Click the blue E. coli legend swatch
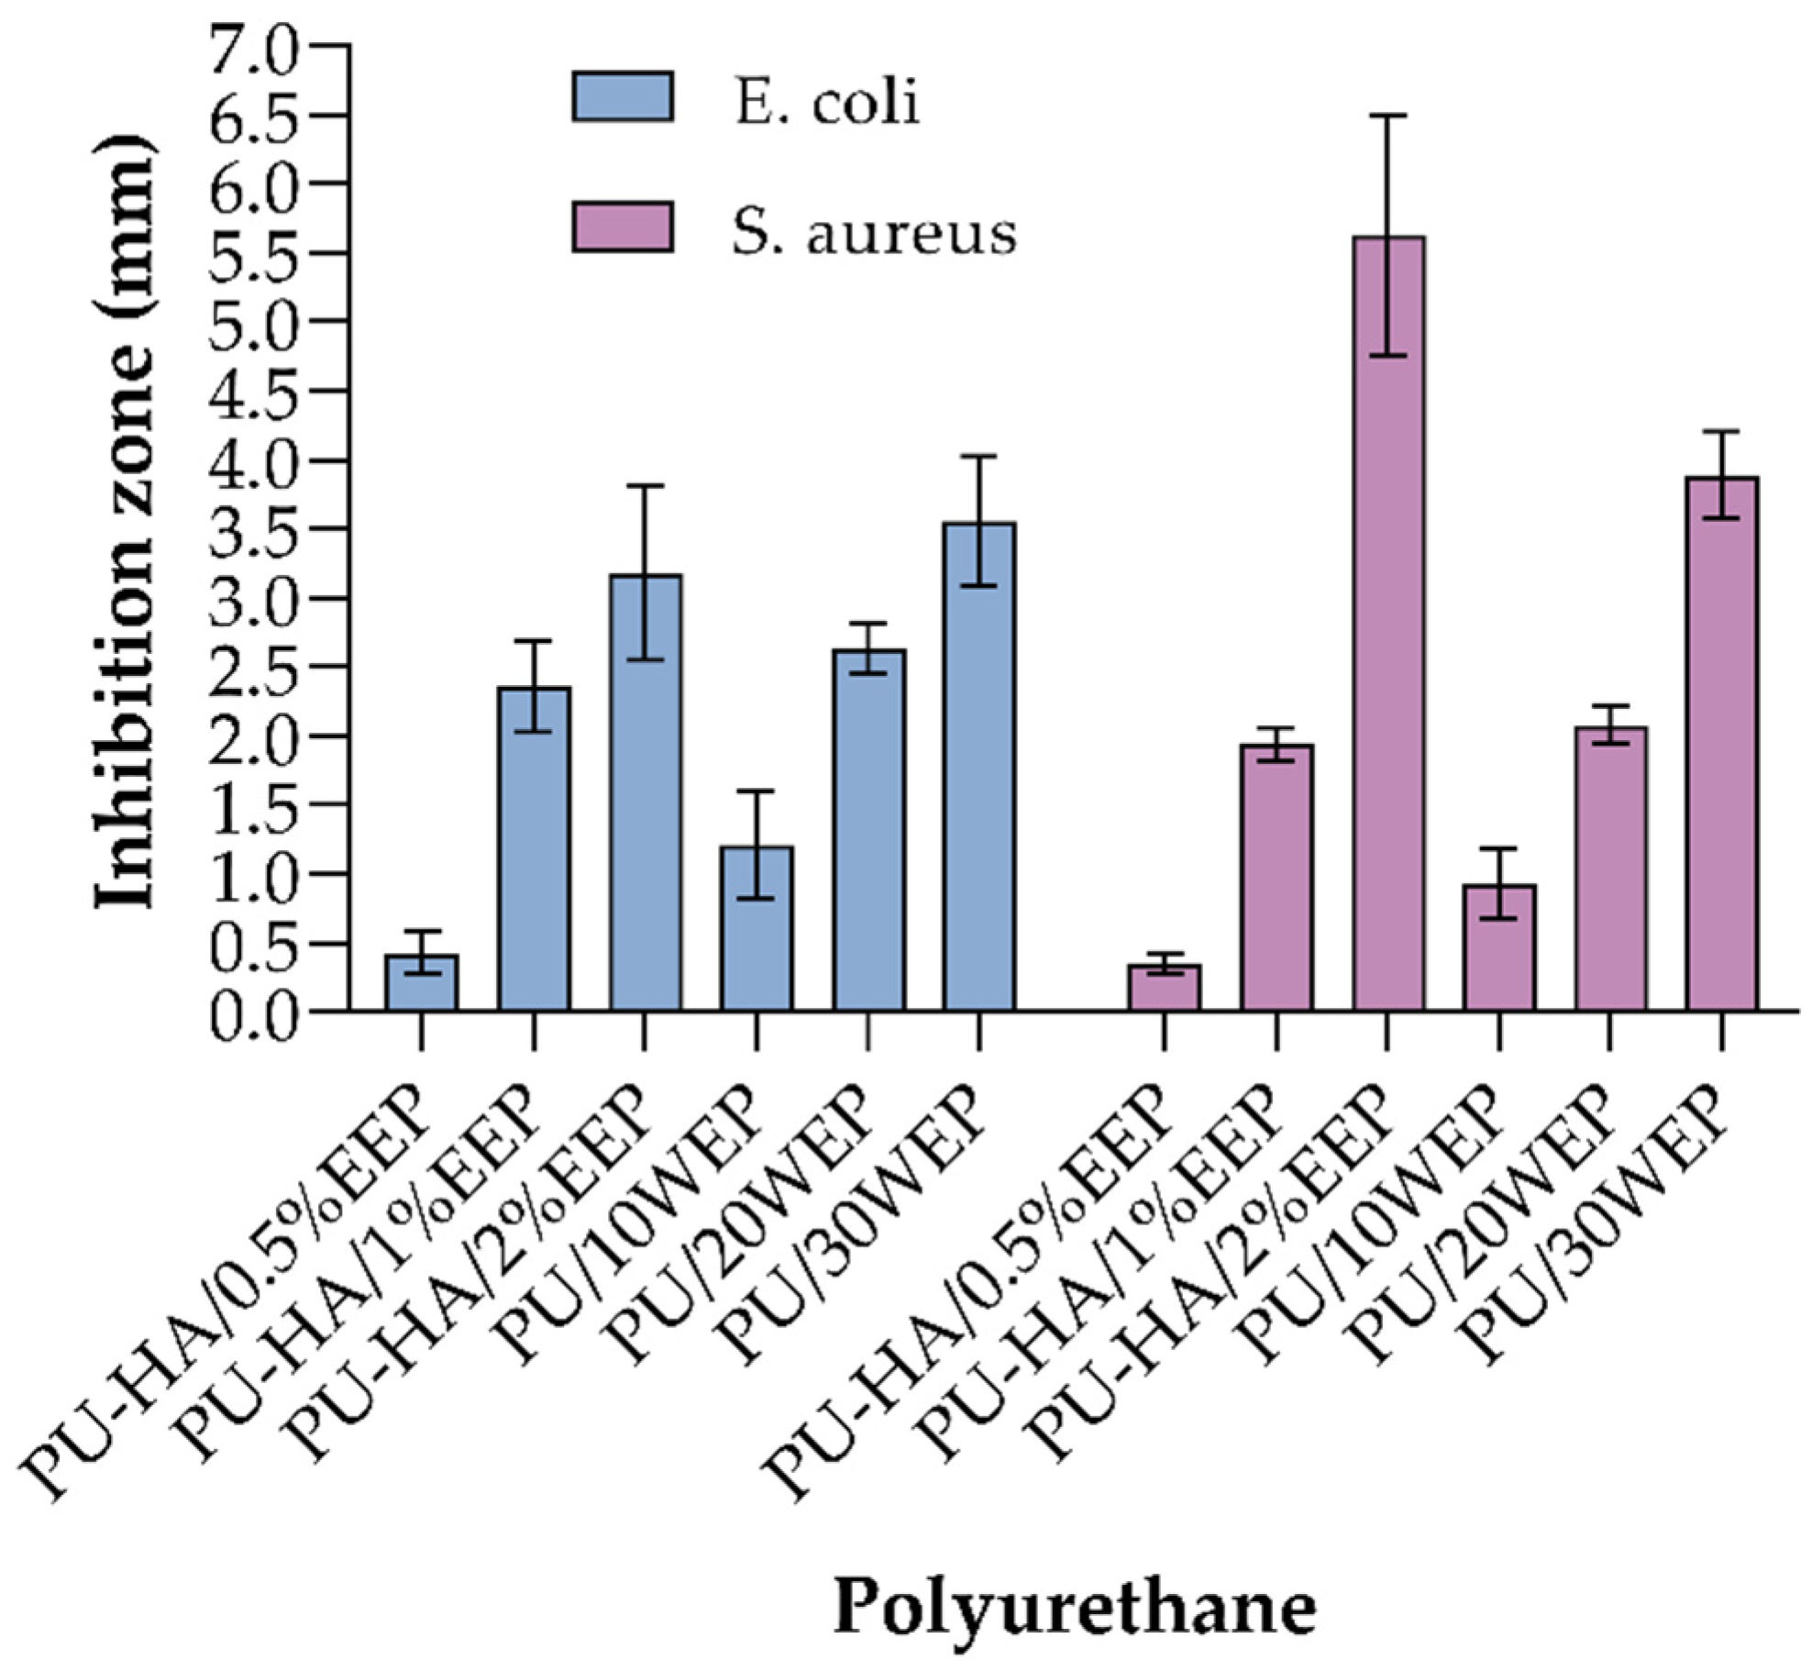(623, 97)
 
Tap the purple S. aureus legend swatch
(623, 227)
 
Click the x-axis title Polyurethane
(1074, 1608)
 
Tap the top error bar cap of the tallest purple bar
(1388, 116)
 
